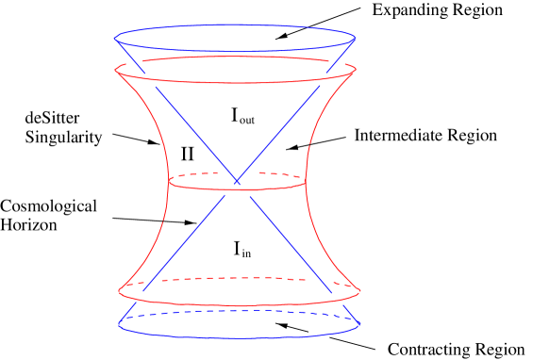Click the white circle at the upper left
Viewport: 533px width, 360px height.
[134, 61]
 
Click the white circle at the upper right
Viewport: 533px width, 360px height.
[337, 63]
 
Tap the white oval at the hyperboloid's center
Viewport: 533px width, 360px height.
[236, 172]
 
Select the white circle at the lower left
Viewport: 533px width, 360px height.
[153, 281]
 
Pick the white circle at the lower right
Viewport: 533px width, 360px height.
[321, 280]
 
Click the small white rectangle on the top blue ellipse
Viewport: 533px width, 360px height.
[304, 29]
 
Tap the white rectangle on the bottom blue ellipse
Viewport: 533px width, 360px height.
[319, 334]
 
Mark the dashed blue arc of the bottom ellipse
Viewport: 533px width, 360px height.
[236, 312]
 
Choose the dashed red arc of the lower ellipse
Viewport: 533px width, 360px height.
[236, 278]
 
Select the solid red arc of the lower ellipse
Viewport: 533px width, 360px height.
[236, 304]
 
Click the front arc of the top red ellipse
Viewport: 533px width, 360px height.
[236, 83]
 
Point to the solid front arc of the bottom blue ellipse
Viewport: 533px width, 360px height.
[236, 337]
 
